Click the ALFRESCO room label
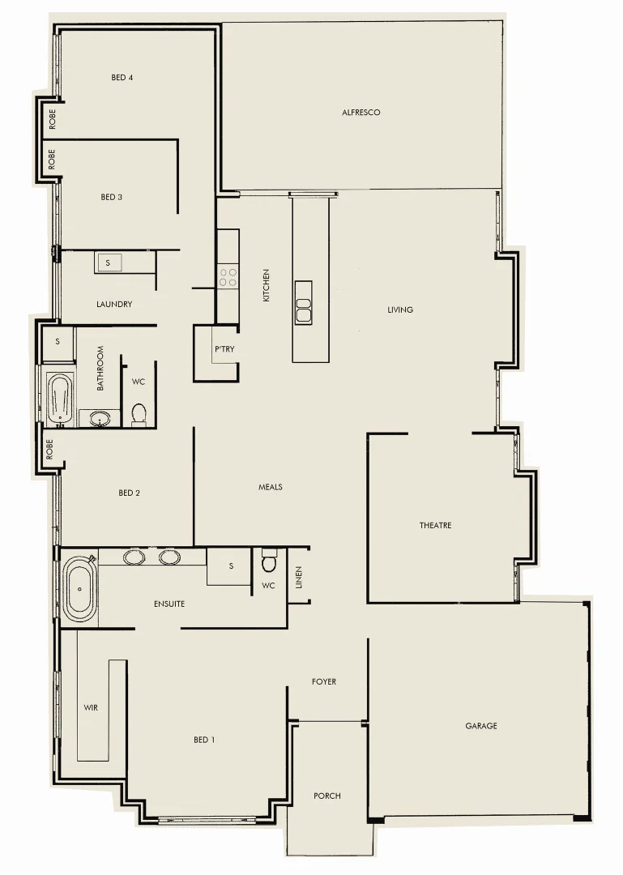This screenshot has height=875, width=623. click(361, 113)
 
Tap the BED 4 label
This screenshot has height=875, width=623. click(122, 78)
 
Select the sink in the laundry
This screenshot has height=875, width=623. click(109, 262)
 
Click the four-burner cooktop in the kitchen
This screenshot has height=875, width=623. click(228, 277)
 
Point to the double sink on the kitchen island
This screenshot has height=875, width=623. click(303, 310)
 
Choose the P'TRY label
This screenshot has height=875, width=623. click(224, 349)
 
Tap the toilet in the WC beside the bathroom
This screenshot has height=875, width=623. click(139, 414)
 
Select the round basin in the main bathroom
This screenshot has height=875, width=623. click(100, 419)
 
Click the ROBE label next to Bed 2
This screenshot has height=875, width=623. click(50, 449)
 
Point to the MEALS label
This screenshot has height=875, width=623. click(270, 487)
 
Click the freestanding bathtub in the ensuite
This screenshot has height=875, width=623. click(79, 588)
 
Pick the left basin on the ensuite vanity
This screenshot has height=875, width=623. click(134, 557)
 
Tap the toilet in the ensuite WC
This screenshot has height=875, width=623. click(270, 561)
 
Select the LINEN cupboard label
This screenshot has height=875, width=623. click(298, 577)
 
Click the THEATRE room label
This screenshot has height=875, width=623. click(435, 526)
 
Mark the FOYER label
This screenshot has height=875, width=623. click(324, 682)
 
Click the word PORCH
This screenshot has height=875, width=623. click(326, 796)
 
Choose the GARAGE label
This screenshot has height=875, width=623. click(481, 726)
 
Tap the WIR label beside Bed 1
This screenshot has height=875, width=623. click(91, 707)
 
